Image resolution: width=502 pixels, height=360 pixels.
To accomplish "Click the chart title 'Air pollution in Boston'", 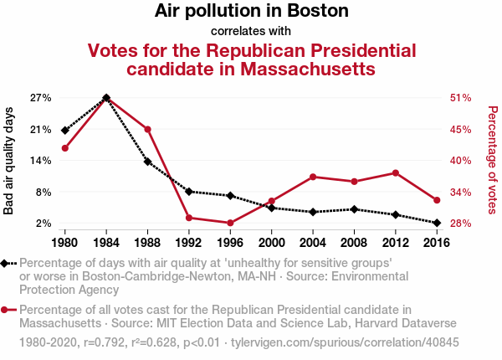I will (251, 12).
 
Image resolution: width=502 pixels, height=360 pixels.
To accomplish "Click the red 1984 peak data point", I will (106, 98).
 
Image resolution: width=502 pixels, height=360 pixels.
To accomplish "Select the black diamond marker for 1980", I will (64, 131).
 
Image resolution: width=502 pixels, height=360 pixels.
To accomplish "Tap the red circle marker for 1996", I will (229, 223).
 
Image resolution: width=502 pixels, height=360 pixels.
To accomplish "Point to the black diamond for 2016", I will (436, 223).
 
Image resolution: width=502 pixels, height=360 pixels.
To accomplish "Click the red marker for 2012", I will (395, 172).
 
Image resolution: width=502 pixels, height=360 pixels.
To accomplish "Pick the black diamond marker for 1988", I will (147, 162).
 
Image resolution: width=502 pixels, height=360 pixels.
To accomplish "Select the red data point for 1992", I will (189, 218).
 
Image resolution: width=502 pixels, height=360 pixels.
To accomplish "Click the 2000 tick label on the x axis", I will (271, 244).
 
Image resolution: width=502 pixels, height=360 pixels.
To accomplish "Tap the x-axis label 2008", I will (354, 244).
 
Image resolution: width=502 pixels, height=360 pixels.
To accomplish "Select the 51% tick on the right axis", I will (462, 98).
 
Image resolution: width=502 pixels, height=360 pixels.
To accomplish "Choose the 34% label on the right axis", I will (462, 192).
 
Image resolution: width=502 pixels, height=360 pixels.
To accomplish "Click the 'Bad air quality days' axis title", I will (9, 160).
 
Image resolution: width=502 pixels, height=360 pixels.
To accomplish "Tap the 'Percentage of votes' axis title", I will (493, 160).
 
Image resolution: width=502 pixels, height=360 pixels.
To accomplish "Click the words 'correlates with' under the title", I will (251, 32).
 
